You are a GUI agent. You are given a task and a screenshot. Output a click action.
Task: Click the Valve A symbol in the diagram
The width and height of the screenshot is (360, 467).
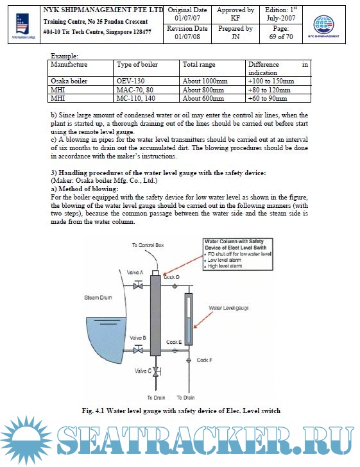click(138, 285)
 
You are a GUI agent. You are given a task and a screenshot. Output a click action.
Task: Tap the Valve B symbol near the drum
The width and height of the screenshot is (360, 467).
click(138, 350)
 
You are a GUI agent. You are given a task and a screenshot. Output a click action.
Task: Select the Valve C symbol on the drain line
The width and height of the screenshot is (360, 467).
click(156, 371)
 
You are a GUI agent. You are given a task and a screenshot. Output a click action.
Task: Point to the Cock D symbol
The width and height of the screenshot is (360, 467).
click(175, 286)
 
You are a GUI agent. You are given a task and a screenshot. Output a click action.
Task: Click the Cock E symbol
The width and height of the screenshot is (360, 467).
click(175, 350)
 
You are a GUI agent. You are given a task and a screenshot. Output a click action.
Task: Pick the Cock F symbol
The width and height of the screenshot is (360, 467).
click(189, 361)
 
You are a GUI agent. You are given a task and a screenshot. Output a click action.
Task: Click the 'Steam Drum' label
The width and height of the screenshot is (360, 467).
click(98, 298)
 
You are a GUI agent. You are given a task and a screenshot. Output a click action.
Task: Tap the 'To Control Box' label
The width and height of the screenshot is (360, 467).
click(148, 245)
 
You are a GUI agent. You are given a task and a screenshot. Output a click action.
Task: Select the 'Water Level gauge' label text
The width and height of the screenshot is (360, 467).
click(228, 308)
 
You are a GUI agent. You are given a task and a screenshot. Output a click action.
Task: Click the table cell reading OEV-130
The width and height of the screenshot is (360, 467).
click(130, 81)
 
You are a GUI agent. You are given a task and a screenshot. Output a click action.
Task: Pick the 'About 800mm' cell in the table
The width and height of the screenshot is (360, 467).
click(203, 90)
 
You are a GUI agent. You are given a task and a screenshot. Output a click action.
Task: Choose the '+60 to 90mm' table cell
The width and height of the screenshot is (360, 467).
click(268, 98)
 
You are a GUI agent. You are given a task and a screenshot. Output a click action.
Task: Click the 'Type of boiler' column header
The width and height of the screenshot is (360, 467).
click(137, 64)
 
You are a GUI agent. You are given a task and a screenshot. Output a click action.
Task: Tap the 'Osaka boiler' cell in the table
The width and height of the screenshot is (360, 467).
click(69, 81)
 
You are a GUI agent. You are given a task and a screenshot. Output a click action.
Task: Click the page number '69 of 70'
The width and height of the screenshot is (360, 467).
click(281, 37)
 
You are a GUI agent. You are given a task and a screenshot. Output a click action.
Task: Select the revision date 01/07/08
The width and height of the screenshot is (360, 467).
click(187, 37)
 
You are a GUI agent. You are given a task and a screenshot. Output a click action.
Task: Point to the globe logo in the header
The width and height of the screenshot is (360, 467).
click(323, 24)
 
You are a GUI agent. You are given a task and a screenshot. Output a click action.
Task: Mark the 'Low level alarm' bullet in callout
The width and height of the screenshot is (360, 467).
click(224, 260)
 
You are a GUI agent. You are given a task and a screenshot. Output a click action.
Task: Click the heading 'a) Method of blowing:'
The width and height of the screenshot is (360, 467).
click(84, 189)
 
